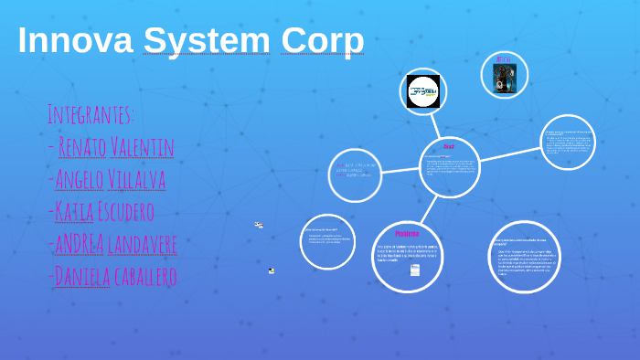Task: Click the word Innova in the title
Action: [74, 41]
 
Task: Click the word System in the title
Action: [207, 41]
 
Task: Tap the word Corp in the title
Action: [322, 41]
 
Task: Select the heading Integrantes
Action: [91, 115]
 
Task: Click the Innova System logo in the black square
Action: [423, 91]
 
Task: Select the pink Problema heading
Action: [408, 233]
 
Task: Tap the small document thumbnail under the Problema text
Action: [415, 270]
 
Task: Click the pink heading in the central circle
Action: [448, 146]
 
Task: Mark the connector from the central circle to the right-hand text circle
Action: [509, 154]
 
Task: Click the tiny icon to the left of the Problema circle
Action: [271, 270]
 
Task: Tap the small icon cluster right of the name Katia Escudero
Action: [259, 224]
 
